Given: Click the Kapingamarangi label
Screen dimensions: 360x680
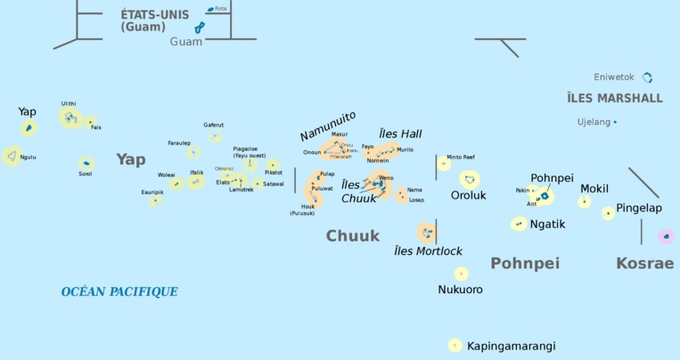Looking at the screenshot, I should (x=511, y=346).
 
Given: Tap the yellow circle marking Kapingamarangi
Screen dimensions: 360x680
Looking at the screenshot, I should (x=455, y=345).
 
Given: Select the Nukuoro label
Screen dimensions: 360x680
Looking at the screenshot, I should (x=461, y=290).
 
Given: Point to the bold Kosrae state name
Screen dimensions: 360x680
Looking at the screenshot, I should (x=645, y=263).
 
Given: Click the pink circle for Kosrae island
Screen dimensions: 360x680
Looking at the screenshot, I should (x=665, y=236).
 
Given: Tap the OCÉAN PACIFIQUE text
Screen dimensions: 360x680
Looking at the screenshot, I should (x=119, y=291).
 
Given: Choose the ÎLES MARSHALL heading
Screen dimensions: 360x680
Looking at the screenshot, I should (x=614, y=98).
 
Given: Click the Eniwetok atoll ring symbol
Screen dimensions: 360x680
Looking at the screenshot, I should (x=648, y=78).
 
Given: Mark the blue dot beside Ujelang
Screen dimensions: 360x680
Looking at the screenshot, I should (x=615, y=121).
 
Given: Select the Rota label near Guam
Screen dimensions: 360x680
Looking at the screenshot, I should (x=220, y=9).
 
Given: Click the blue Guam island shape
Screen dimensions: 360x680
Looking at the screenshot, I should (x=200, y=28).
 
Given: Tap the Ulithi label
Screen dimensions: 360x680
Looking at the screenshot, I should (x=69, y=103).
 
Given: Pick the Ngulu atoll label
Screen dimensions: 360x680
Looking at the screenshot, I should (x=29, y=157).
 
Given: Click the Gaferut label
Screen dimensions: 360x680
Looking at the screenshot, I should (x=214, y=125).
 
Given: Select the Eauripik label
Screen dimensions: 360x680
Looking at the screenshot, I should (x=152, y=192).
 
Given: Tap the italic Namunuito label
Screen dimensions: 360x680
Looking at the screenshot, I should (x=327, y=126).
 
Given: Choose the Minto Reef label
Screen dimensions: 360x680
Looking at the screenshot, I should (x=461, y=156).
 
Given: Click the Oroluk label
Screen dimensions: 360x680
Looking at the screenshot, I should (x=468, y=195).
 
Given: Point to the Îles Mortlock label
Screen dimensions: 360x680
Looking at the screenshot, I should (x=429, y=251).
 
